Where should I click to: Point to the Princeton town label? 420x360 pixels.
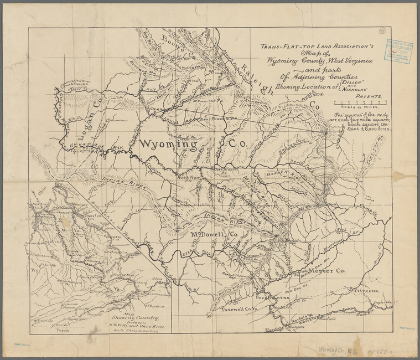362,290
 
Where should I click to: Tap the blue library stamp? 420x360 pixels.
398,51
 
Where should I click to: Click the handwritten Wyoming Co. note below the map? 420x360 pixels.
338,350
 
